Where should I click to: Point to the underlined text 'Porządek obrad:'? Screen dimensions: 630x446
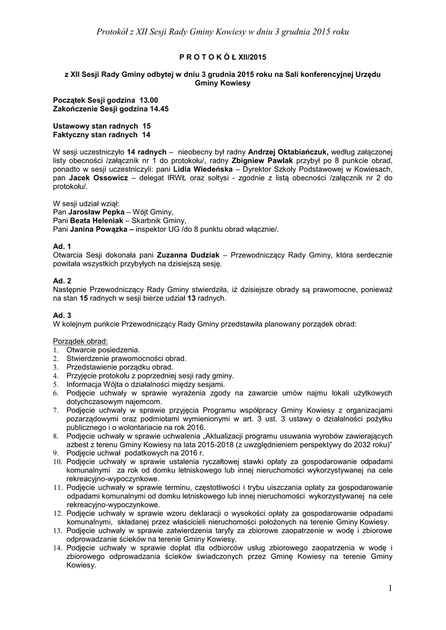(x=81, y=341)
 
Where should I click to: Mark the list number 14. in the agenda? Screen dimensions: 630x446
(x=57, y=548)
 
